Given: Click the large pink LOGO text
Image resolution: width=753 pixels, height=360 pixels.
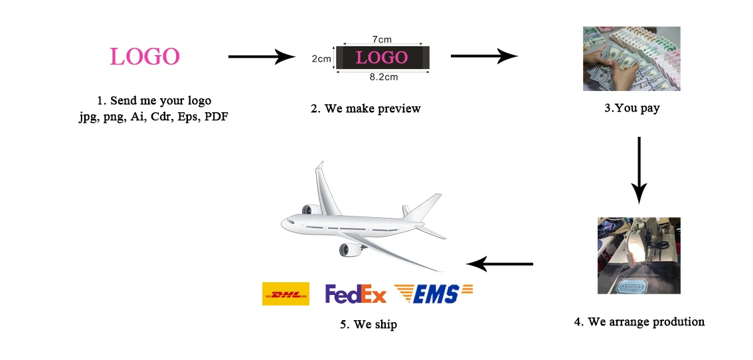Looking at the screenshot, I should click(145, 56).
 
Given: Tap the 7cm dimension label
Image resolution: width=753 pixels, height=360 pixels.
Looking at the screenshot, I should click(381, 40).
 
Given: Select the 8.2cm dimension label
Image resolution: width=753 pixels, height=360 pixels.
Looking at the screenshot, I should click(383, 77).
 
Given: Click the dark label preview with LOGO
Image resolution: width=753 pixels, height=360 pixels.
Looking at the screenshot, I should click(382, 58).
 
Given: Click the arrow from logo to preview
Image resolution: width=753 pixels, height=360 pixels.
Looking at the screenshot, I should click(261, 57).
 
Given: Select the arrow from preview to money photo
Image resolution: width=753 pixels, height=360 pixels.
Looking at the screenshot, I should click(483, 56).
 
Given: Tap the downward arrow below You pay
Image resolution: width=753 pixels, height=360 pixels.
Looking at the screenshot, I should click(638, 169).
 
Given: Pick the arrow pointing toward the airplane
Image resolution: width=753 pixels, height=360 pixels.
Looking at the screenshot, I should click(499, 264).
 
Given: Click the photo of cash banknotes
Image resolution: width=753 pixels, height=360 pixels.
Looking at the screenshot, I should click(631, 58).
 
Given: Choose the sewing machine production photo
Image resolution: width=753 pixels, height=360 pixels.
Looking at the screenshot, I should click(638, 255).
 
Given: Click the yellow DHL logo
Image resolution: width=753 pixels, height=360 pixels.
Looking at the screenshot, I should click(286, 294).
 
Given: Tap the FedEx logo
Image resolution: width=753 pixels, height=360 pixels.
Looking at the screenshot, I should click(355, 294).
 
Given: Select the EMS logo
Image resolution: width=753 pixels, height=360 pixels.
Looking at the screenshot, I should click(433, 294).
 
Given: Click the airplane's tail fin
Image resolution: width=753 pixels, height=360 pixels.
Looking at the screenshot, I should click(422, 207).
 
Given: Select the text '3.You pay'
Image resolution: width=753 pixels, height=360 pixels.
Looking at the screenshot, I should click(631, 108).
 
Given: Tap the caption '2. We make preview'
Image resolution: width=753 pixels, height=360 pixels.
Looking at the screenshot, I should click(365, 108).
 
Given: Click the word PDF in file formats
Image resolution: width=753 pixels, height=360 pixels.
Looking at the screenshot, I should click(216, 117).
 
